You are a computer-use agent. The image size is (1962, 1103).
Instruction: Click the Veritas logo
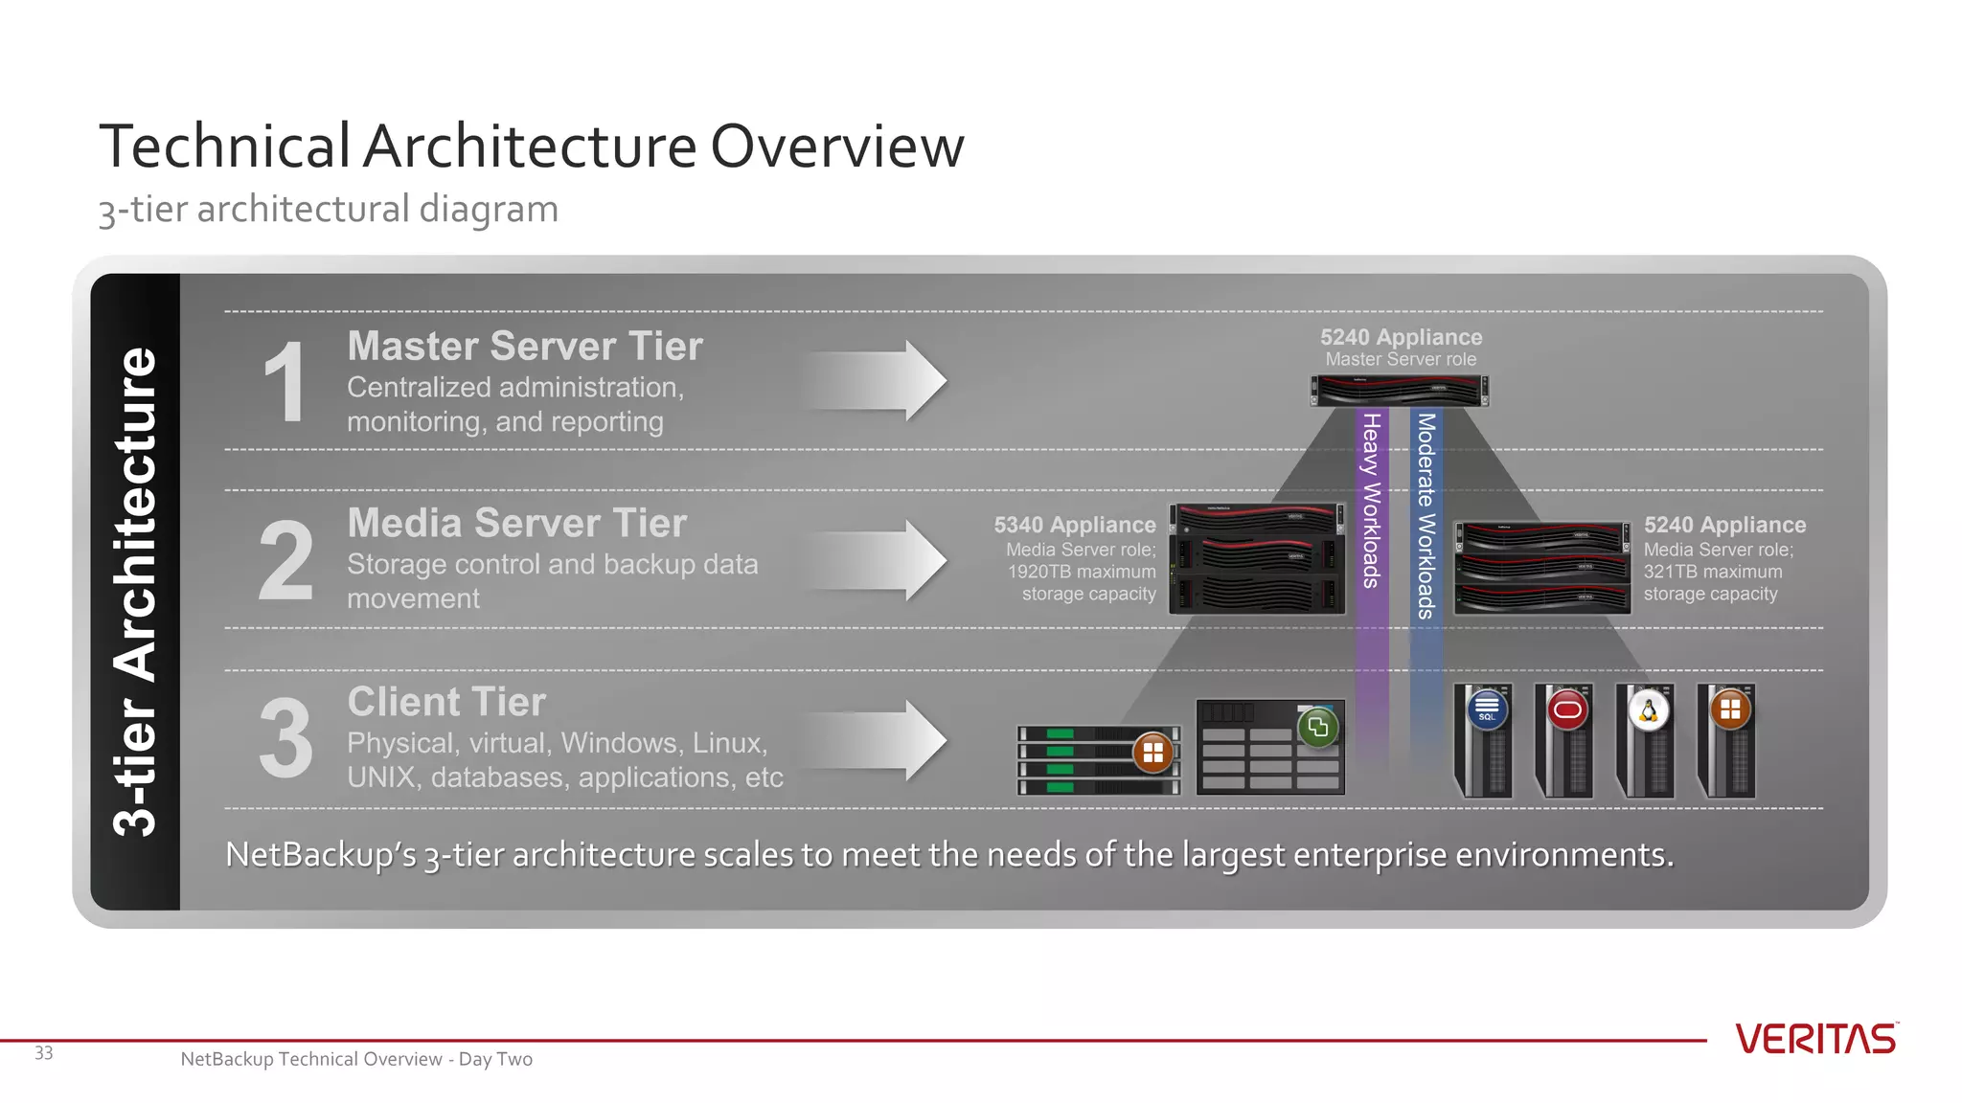(1815, 1039)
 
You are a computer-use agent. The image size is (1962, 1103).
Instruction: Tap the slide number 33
(44, 1053)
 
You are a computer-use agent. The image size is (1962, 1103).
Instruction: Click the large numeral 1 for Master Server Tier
(285, 383)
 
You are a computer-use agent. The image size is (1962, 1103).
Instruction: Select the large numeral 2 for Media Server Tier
(285, 561)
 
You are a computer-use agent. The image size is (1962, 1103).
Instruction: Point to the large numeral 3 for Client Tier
(285, 739)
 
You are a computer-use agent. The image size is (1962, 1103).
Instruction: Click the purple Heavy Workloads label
(1372, 500)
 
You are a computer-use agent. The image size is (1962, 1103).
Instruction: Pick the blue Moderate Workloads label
(1426, 515)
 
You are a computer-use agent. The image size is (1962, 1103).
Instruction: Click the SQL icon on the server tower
(1487, 710)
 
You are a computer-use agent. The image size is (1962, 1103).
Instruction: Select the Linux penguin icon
(1649, 710)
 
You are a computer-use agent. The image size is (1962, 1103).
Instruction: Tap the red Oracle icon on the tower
(1567, 710)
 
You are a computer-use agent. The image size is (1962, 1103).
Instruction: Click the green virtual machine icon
(1318, 727)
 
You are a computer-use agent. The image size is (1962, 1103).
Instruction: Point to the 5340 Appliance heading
(1075, 525)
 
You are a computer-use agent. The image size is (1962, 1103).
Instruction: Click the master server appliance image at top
(1400, 391)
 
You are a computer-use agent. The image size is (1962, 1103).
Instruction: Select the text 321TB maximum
(1713, 572)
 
